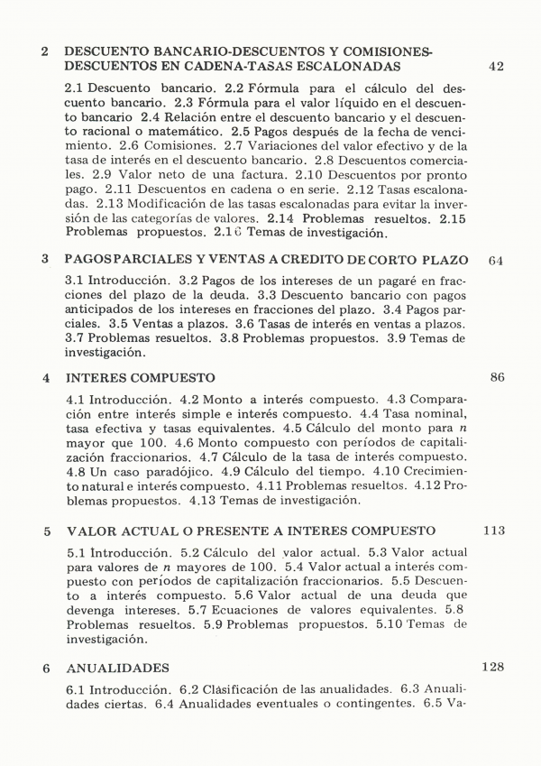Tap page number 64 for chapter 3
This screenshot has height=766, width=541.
click(495, 261)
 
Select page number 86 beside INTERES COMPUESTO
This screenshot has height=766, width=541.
click(497, 377)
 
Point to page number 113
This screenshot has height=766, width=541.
click(494, 530)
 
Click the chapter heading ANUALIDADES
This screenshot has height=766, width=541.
click(118, 669)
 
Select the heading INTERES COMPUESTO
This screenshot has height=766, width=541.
click(140, 378)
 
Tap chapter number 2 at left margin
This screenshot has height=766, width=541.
click(45, 52)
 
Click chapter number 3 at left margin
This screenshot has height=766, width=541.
click(45, 260)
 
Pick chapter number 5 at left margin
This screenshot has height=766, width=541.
click(46, 531)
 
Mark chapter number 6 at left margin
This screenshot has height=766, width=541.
click(46, 669)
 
